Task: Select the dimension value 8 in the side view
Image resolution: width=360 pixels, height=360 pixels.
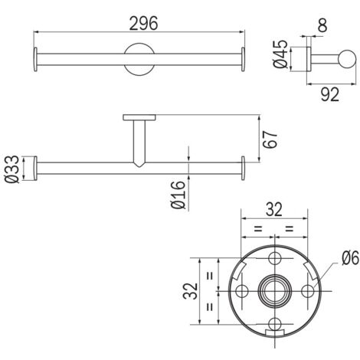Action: click(x=322, y=26)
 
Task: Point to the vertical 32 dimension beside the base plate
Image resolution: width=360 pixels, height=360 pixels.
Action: click(x=191, y=290)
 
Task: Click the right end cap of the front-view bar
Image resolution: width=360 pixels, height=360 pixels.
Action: click(x=244, y=169)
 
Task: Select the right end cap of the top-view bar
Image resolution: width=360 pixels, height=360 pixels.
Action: click(x=244, y=59)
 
